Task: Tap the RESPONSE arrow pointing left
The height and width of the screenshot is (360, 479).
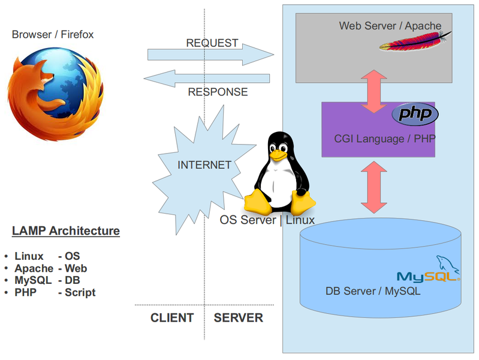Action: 206,79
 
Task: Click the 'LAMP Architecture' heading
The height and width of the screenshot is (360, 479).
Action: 66,231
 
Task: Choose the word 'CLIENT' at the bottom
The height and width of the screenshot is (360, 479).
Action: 172,318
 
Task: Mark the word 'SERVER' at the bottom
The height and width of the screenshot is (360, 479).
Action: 238,318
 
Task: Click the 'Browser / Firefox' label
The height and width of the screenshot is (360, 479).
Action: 53,35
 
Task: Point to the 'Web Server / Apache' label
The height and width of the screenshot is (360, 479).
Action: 390,26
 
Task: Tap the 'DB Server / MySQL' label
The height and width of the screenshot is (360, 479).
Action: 373,292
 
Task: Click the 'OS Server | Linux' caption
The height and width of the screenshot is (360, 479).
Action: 267,220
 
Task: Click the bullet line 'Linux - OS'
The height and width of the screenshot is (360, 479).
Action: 47,256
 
